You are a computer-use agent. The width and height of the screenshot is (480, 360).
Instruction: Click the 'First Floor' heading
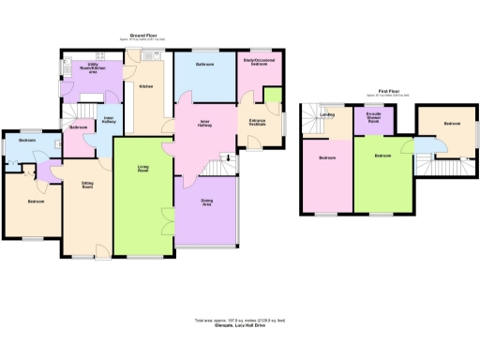(379, 92)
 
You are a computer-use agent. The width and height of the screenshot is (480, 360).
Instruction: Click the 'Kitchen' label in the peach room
(146, 86)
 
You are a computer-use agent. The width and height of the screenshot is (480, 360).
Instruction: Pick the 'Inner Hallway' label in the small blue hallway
(108, 119)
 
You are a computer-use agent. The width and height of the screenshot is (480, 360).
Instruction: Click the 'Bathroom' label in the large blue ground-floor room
(204, 64)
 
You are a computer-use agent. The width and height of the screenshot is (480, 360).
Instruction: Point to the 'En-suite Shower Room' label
(373, 118)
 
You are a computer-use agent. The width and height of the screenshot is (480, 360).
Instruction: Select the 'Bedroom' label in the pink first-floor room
(326, 157)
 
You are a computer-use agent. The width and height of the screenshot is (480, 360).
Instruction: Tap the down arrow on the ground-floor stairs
(224, 157)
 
